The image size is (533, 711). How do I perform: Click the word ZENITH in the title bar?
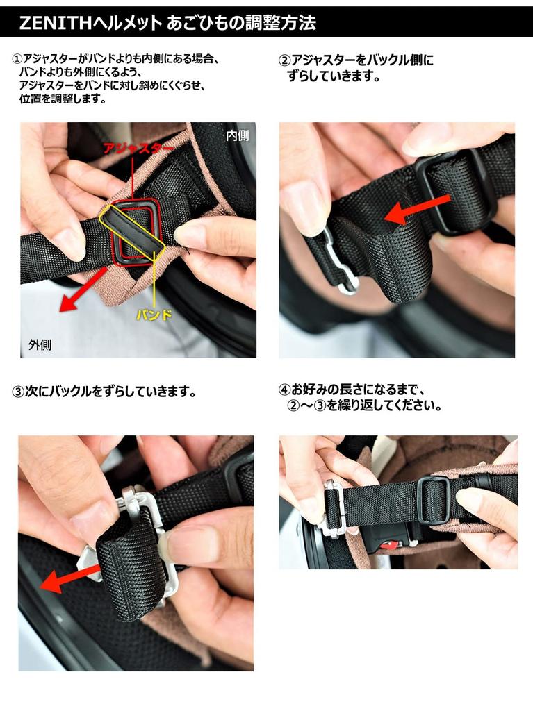point(55,22)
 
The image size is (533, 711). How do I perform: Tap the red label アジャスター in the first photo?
point(138,149)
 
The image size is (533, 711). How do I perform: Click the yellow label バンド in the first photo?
point(154,315)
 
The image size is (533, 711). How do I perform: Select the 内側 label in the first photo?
point(237,135)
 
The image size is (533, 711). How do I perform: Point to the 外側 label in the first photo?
point(40,344)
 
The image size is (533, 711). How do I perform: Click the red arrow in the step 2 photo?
point(417,209)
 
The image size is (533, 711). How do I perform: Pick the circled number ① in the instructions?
point(17,60)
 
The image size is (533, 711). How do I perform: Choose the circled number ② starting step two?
point(284,60)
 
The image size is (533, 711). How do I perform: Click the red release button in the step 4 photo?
point(391,544)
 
